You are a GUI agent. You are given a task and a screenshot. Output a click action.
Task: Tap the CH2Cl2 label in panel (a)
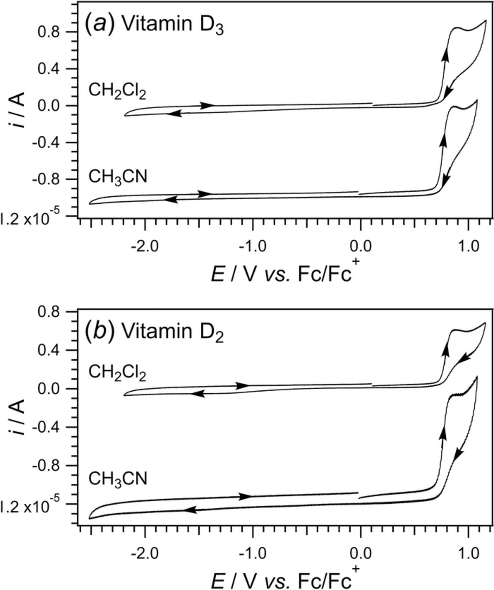[117, 91]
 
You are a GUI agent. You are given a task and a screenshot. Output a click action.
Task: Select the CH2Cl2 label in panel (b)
[117, 373]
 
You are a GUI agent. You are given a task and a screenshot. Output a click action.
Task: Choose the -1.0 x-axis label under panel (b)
[252, 554]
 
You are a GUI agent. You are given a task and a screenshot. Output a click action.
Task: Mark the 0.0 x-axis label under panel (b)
[361, 554]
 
